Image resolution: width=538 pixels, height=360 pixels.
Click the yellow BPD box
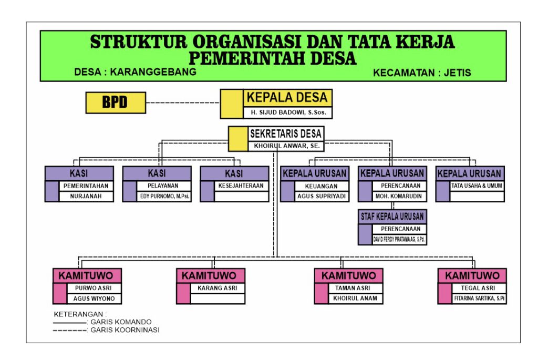click(x=116, y=102)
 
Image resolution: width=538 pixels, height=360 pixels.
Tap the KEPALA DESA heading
click(x=287, y=97)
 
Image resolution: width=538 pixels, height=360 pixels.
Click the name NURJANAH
click(x=86, y=197)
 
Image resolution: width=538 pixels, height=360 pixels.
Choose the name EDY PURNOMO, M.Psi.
click(x=164, y=197)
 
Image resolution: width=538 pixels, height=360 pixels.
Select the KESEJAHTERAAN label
click(x=241, y=186)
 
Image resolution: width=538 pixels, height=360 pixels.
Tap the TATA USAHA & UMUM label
click(x=477, y=186)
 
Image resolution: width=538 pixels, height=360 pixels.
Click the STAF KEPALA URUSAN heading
click(x=392, y=216)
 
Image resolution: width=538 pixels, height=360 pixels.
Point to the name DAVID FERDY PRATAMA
click(x=400, y=240)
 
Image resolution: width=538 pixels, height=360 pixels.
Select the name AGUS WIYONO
click(x=94, y=299)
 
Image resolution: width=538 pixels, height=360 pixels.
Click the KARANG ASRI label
click(x=218, y=288)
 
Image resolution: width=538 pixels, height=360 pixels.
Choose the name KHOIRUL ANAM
click(x=356, y=299)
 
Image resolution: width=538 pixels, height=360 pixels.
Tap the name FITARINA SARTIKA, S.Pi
click(x=480, y=299)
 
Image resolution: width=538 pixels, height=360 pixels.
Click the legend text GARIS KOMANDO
click(x=121, y=322)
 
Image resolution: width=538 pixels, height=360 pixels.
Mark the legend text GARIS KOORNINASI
click(x=125, y=330)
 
